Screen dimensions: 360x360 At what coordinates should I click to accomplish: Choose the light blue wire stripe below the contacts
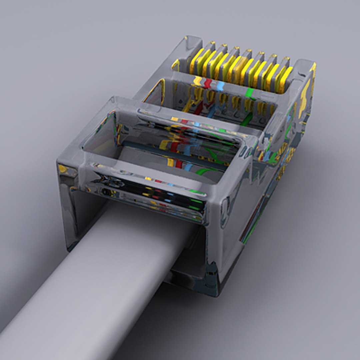pos(220,85)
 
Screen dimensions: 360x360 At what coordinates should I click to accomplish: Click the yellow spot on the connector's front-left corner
pos(63,168)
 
